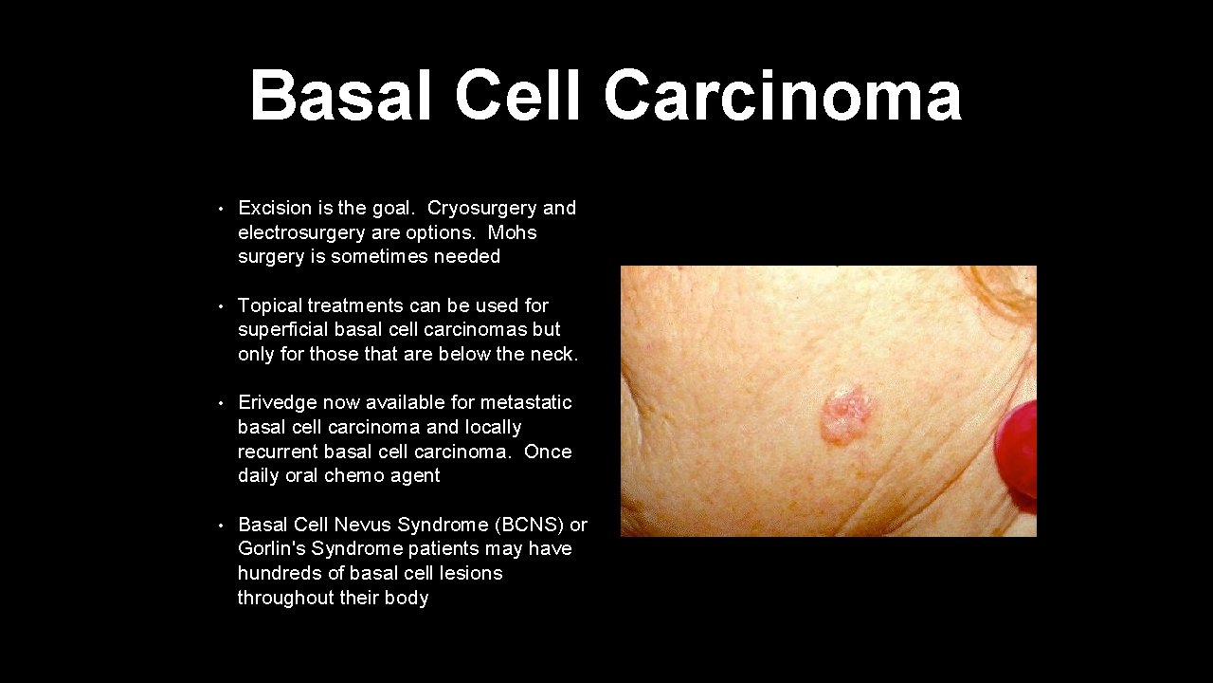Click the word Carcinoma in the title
[782, 96]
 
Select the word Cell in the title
[517, 96]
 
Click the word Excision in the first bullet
[275, 208]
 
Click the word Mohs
[513, 232]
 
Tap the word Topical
[269, 305]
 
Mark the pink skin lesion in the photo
[846, 414]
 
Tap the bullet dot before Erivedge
[220, 403]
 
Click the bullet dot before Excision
[220, 209]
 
